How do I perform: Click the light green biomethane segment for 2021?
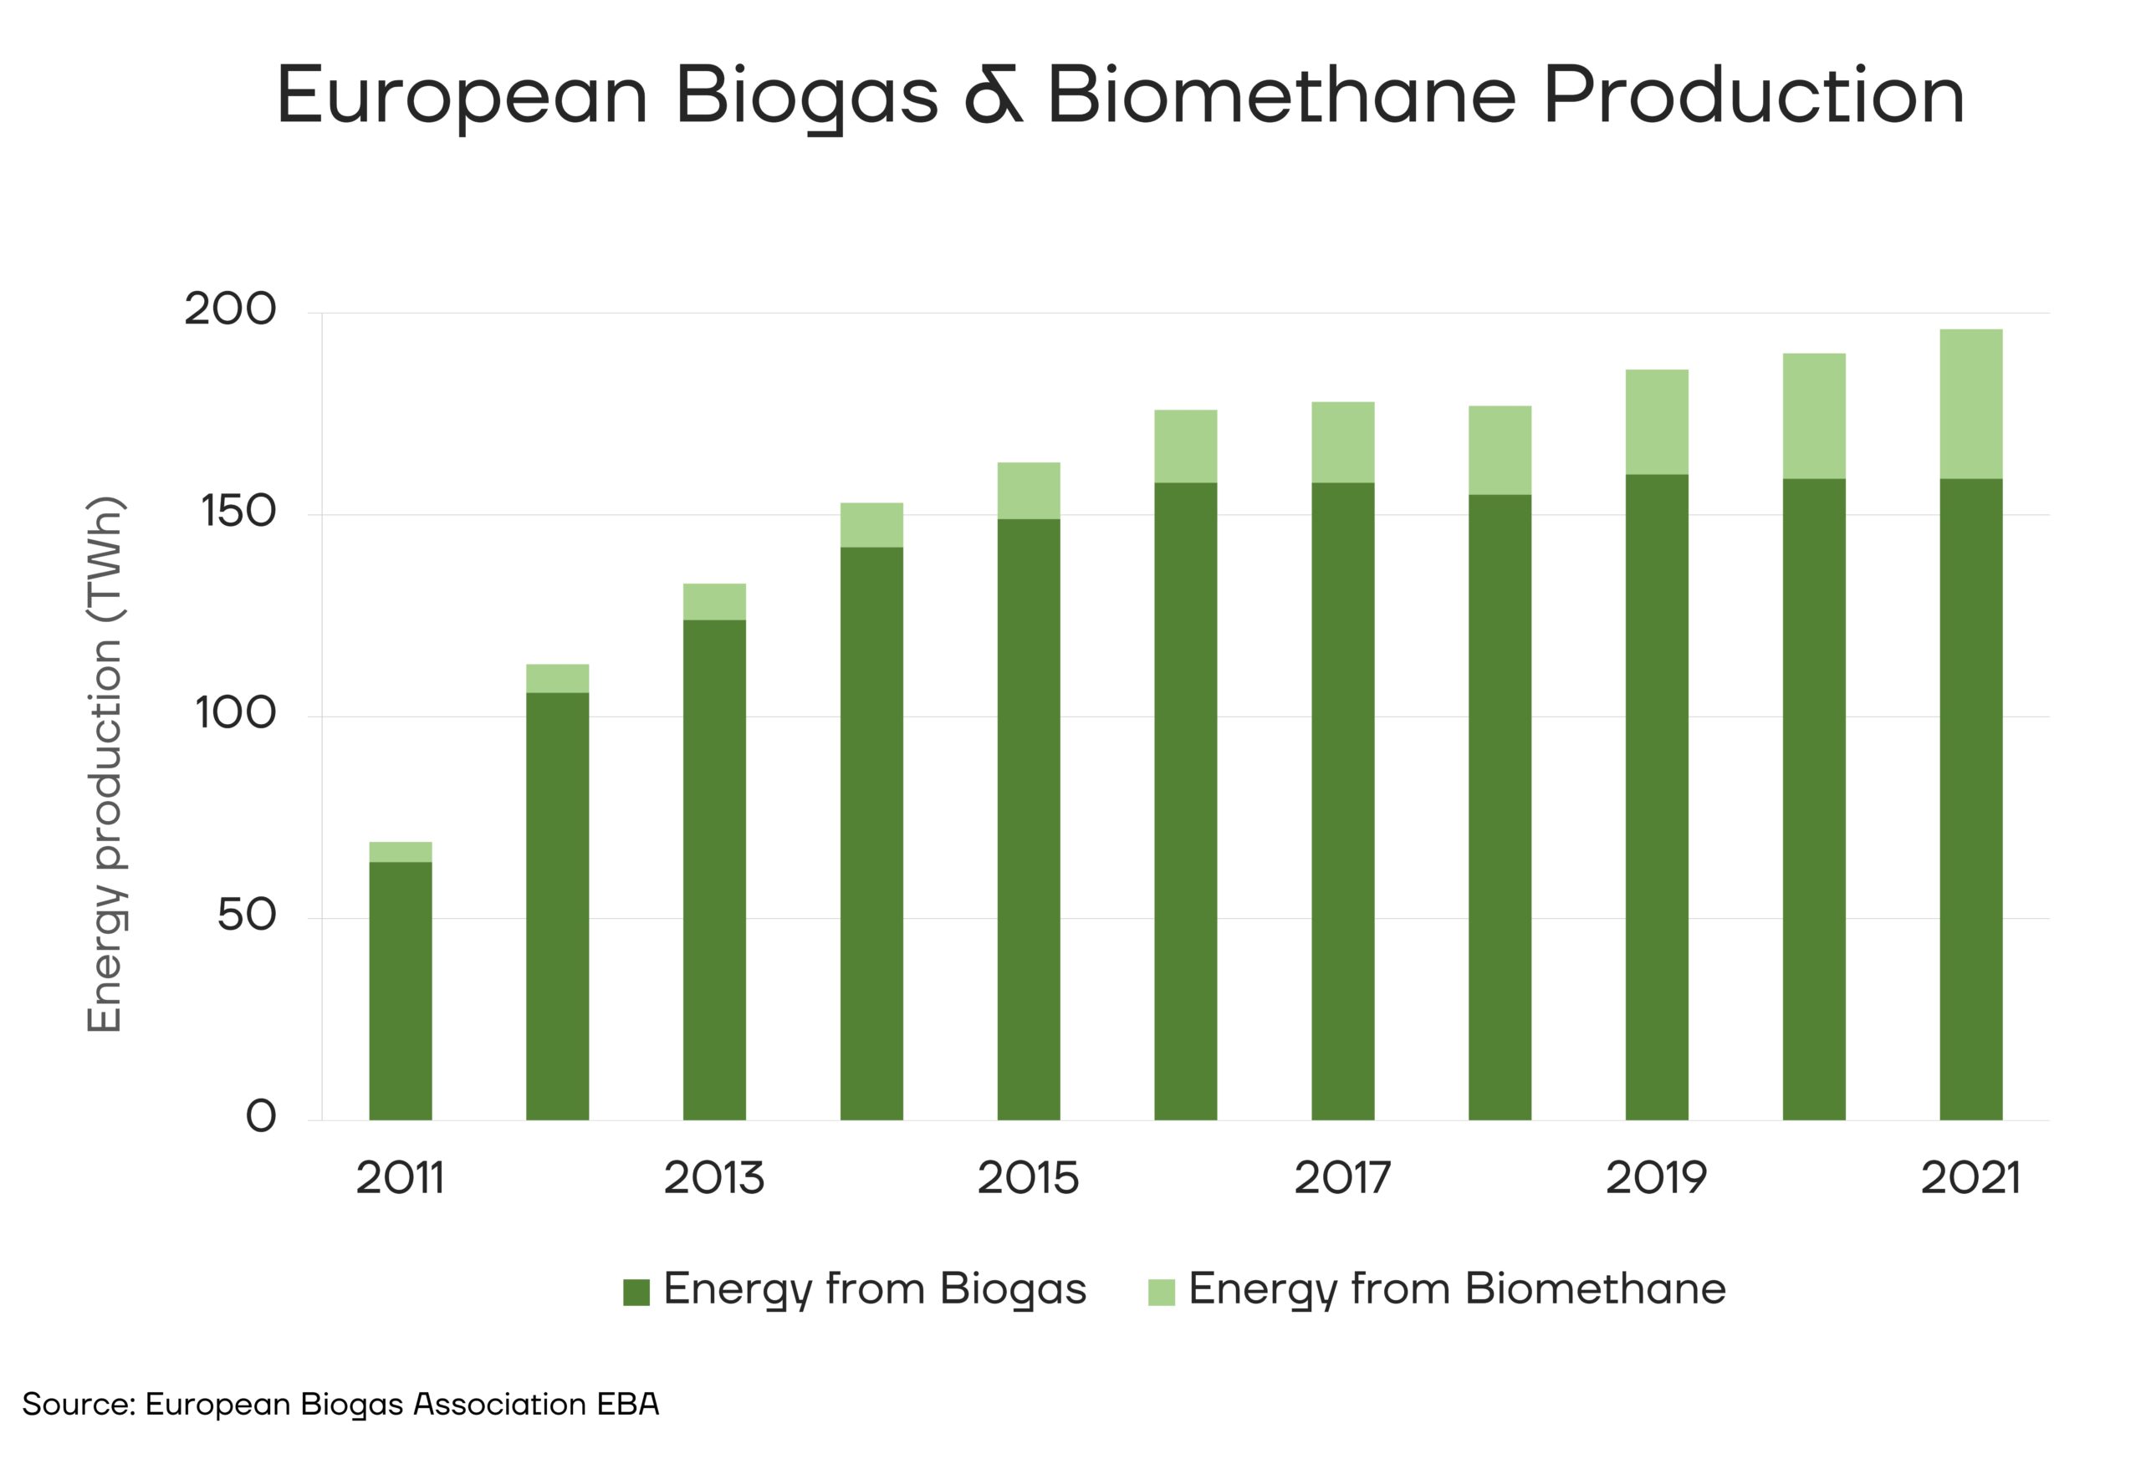1970,403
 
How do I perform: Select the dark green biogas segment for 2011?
400,990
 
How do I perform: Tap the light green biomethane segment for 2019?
1657,422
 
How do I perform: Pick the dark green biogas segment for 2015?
1028,819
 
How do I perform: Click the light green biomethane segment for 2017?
1342,442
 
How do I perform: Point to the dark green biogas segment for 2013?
714,870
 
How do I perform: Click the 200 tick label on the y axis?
230,309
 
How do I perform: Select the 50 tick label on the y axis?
246,916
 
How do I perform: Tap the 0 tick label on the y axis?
261,1117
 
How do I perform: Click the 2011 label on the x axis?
400,1178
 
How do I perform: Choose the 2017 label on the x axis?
1342,1178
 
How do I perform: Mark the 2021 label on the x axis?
1970,1178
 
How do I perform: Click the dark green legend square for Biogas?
636,1291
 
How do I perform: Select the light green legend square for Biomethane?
1161,1291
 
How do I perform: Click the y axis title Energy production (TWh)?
104,764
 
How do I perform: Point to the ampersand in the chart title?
992,97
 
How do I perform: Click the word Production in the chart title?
1753,96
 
